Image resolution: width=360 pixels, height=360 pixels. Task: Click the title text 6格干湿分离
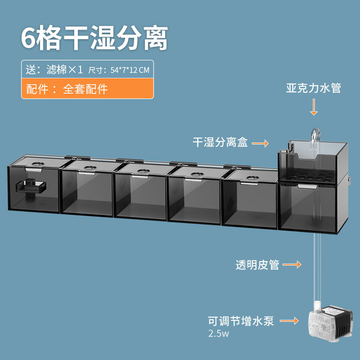[94, 38]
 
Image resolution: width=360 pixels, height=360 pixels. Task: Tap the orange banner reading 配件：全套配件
[87, 88]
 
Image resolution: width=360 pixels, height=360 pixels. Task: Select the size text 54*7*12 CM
[130, 70]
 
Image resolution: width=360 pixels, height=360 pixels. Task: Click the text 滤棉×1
[64, 69]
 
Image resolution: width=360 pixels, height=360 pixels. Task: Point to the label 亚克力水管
[313, 88]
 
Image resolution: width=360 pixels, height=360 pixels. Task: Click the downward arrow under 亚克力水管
[314, 107]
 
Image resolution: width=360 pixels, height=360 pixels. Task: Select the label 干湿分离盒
[220, 142]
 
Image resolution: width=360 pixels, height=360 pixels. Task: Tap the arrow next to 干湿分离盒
[260, 144]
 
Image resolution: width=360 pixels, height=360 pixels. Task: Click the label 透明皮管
[257, 265]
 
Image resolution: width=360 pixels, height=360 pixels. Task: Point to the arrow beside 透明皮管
[292, 265]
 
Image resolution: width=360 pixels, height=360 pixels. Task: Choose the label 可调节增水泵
[241, 321]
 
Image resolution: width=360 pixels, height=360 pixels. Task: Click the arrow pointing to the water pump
[289, 321]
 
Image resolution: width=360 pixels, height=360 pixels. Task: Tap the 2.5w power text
[218, 333]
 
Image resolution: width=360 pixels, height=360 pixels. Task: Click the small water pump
[330, 321]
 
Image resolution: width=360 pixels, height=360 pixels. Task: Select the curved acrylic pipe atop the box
[315, 138]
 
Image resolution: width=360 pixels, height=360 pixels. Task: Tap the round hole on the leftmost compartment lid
[38, 164]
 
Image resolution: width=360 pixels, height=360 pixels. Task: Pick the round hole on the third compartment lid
[144, 171]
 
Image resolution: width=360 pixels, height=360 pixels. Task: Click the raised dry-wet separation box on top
[313, 162]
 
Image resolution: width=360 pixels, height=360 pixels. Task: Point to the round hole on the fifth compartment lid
[253, 178]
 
